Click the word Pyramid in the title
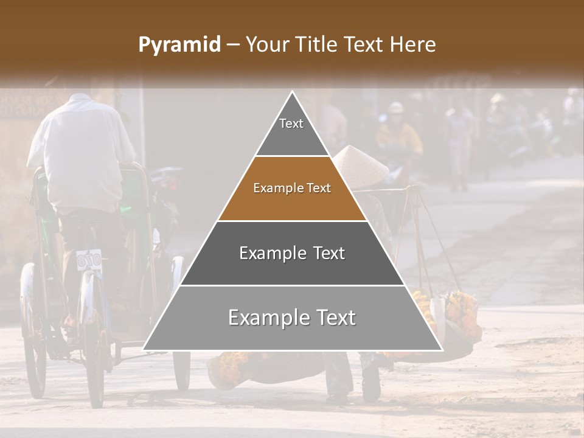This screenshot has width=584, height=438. coord(179,45)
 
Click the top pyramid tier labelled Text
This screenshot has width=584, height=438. coord(291,131)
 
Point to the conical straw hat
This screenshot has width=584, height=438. coord(361,164)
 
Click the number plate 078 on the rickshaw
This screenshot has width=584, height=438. coord(89,260)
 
